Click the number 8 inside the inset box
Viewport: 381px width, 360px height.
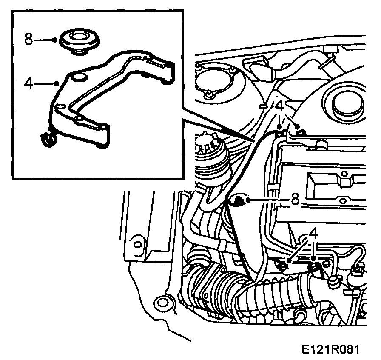click(28, 40)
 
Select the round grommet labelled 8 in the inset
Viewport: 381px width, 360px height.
click(80, 40)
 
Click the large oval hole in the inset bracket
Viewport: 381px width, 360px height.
click(79, 77)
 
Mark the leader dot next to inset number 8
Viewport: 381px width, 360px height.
click(55, 40)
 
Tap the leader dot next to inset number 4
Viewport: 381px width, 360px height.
click(57, 83)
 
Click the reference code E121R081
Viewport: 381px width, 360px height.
click(331, 349)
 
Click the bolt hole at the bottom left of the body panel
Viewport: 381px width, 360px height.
click(162, 304)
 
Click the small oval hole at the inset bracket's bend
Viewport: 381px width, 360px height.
click(60, 106)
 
